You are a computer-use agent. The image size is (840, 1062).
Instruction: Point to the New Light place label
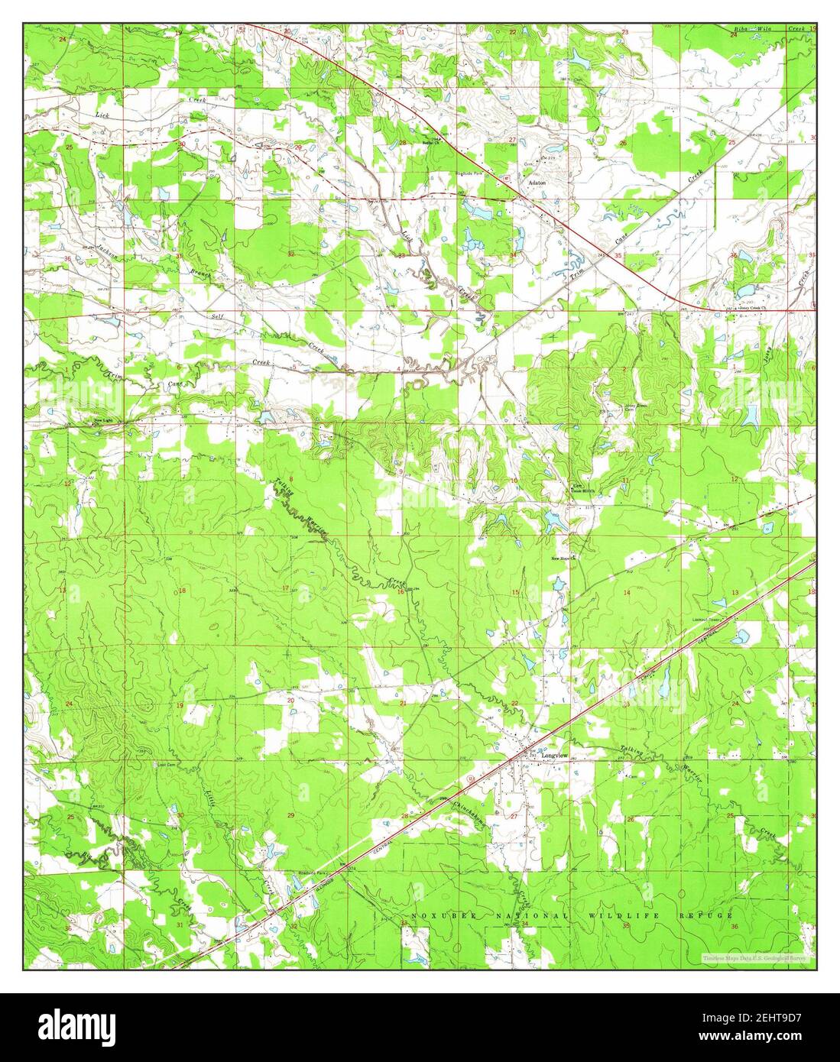point(103,419)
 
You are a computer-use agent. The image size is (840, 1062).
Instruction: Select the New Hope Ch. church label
point(563,558)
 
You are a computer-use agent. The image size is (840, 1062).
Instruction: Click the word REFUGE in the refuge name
point(705,915)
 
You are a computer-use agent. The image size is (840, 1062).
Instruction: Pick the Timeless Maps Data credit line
point(757,957)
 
